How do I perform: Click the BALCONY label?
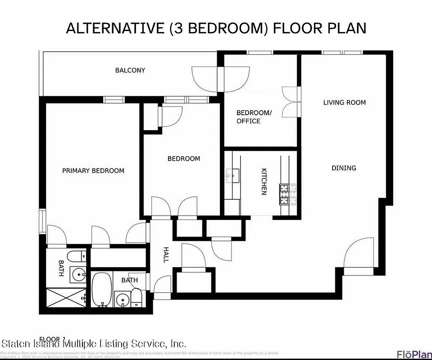click(130, 70)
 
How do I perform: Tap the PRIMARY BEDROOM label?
click(93, 171)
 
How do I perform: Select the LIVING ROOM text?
click(345, 103)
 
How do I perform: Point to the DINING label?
click(344, 168)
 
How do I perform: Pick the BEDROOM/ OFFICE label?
click(254, 117)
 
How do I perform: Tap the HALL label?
click(166, 255)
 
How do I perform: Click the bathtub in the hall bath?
click(101, 289)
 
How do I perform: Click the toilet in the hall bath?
click(136, 297)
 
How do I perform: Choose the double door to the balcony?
click(221, 76)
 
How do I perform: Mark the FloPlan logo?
click(413, 354)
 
